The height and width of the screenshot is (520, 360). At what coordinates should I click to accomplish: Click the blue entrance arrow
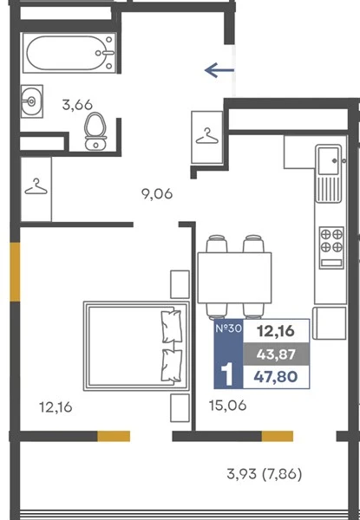point(219,70)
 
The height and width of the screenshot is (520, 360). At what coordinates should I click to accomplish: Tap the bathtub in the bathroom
point(69,53)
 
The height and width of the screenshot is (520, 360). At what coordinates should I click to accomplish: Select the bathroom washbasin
point(32,101)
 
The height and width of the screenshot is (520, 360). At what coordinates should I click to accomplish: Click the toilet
point(96,132)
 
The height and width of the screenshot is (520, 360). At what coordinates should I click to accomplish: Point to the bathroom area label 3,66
point(77,105)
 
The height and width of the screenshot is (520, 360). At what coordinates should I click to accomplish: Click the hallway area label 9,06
point(157,193)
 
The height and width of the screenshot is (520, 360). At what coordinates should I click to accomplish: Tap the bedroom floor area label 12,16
point(56,407)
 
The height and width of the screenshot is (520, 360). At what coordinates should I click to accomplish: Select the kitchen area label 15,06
point(227,406)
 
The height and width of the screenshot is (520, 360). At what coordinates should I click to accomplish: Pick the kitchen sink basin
point(329,161)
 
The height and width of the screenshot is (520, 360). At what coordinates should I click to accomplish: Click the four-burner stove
point(331,247)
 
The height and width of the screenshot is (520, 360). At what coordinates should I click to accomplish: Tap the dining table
point(234,277)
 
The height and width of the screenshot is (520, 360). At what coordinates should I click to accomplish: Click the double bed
point(136,346)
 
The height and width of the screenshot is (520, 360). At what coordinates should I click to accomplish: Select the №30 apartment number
point(229,328)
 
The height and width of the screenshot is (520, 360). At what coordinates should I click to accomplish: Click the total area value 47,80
point(276,377)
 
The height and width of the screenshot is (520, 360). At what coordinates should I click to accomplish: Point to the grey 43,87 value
point(276,354)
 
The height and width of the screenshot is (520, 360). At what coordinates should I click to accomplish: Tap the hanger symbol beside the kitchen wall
point(207,136)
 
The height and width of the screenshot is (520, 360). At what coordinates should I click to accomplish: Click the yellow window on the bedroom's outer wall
point(15,271)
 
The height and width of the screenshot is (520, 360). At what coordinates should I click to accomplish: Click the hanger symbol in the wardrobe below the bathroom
point(36,186)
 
